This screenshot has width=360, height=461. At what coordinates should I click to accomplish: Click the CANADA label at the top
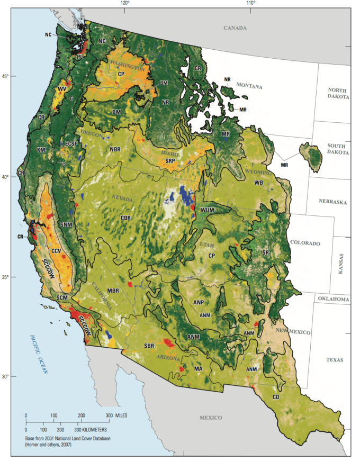coord(236,28)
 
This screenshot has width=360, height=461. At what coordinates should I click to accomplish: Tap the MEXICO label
coord(211,418)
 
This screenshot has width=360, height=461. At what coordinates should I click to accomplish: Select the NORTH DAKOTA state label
coord(339,94)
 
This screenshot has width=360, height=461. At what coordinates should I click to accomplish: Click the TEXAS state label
coord(335,360)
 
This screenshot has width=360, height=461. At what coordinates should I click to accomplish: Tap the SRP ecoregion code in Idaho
coord(170,160)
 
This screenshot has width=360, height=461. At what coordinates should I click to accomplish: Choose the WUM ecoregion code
coord(208,211)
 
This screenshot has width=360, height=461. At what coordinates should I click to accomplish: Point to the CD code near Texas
coord(276,396)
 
